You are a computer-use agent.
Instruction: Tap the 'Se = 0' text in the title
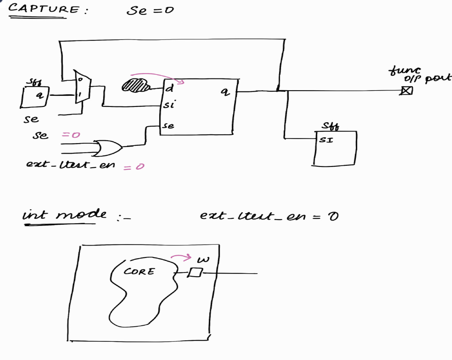point(150,10)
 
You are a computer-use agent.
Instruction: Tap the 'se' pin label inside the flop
point(169,126)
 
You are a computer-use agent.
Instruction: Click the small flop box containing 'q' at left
point(34,97)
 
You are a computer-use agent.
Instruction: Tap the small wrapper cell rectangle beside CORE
point(194,273)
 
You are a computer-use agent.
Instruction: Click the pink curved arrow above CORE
point(181,258)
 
